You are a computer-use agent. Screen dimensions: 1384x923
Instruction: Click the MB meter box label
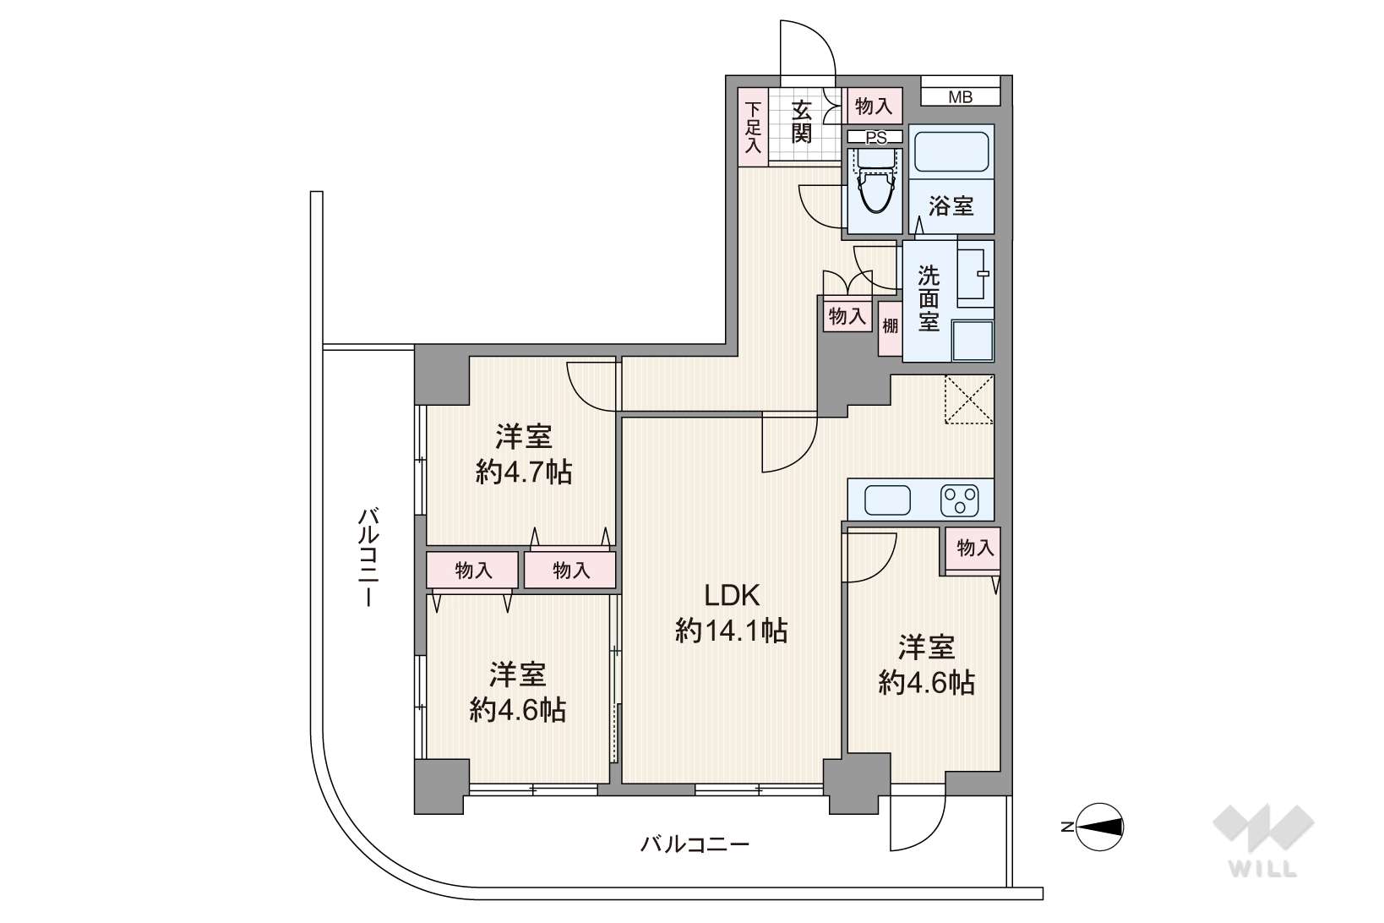[960, 97]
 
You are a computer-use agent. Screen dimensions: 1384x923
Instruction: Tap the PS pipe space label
[875, 137]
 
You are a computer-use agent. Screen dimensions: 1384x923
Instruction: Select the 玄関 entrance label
[801, 122]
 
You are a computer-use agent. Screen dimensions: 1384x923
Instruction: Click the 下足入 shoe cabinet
[753, 128]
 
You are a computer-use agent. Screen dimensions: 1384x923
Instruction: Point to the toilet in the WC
[875, 182]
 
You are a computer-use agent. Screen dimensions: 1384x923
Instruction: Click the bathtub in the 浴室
[951, 151]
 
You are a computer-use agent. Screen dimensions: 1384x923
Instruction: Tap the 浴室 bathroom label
[951, 206]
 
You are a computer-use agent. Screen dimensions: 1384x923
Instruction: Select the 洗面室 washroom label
[929, 298]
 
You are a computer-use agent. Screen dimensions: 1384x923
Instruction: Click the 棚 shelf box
[891, 328]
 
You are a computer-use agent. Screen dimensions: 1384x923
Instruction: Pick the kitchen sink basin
[888, 500]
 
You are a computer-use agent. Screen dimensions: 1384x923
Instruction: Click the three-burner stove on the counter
[960, 500]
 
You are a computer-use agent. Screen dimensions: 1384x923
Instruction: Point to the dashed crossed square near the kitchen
[969, 399]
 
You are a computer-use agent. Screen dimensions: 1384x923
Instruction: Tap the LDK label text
[733, 595]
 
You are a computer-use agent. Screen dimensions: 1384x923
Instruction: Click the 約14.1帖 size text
[732, 631]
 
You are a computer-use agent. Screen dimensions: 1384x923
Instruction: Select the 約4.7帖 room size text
[524, 473]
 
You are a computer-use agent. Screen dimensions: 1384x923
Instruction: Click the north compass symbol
[1099, 827]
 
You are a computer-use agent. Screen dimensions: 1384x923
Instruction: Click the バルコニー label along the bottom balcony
[695, 844]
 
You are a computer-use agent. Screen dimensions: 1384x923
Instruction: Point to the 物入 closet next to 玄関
[875, 106]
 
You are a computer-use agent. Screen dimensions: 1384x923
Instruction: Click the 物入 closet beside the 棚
[847, 316]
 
